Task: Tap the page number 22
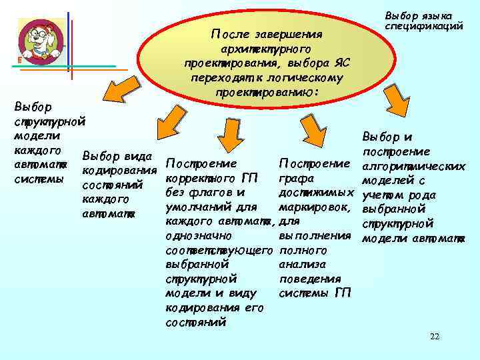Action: click(x=435, y=336)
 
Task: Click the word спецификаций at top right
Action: click(x=425, y=27)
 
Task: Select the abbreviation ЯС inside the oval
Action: click(x=342, y=63)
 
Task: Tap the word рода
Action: click(x=423, y=195)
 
